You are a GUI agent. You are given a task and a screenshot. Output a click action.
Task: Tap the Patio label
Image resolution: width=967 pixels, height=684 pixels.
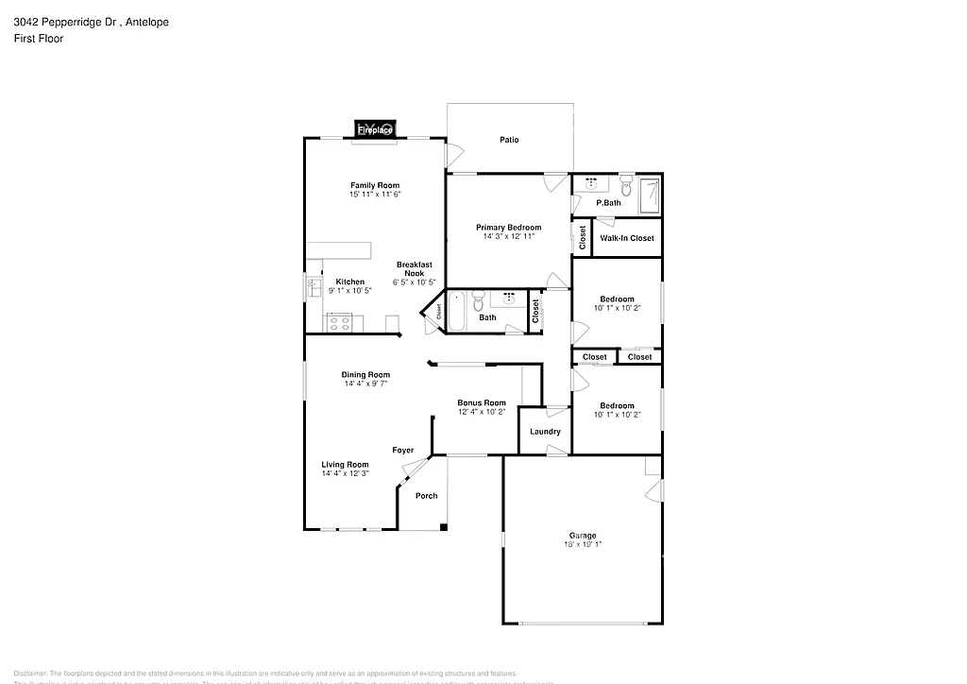pos(509,140)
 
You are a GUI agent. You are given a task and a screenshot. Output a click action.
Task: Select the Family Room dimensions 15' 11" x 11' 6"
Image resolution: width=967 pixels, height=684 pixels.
pos(375,195)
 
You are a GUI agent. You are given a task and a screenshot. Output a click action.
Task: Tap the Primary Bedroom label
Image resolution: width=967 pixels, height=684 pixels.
pos(508,228)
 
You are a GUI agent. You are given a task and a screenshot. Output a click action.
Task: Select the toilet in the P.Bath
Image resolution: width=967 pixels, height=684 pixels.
pos(625,186)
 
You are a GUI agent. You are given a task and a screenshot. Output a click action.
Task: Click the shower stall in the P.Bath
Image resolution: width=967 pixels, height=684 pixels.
pos(650,196)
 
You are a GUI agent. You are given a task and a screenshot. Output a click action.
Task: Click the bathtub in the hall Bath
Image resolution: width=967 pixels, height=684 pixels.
pos(456,312)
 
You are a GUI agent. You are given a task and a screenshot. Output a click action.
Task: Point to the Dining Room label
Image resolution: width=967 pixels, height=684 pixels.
pos(365,375)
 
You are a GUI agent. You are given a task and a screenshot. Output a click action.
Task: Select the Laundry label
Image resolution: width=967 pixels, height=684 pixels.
pos(545,432)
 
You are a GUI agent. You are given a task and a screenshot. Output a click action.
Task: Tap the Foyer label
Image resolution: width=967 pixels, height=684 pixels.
pos(403,451)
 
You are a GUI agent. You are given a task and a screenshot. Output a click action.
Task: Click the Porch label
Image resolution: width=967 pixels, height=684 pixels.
pos(426,496)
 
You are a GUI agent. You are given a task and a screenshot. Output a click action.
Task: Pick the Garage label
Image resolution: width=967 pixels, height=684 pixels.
pos(582,536)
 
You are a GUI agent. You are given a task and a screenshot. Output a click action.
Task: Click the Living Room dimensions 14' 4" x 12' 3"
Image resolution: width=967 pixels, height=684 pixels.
pos(345,473)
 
